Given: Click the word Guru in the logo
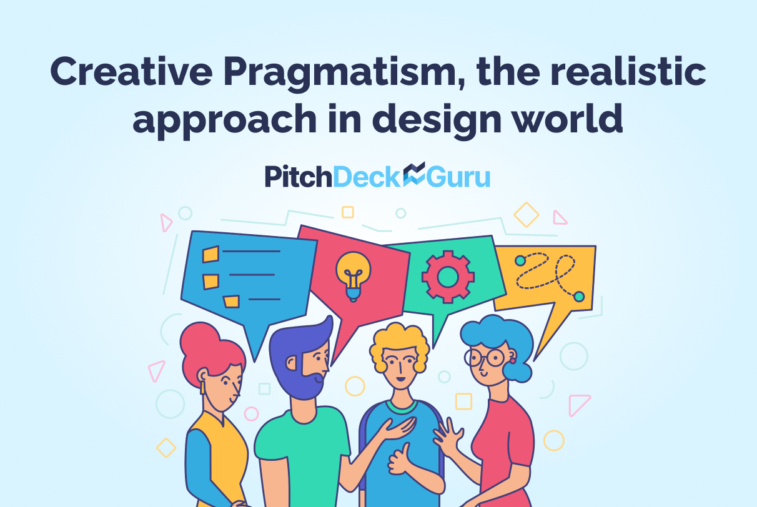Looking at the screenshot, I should (x=458, y=177).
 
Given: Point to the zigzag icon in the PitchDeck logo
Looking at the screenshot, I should (x=413, y=175).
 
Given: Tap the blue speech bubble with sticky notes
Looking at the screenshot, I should (x=250, y=275).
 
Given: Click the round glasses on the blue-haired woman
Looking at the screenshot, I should (x=485, y=358).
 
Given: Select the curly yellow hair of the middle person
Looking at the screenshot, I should (x=400, y=340).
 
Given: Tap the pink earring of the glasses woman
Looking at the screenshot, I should (x=513, y=360).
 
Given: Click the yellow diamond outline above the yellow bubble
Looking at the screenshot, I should (x=526, y=214).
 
